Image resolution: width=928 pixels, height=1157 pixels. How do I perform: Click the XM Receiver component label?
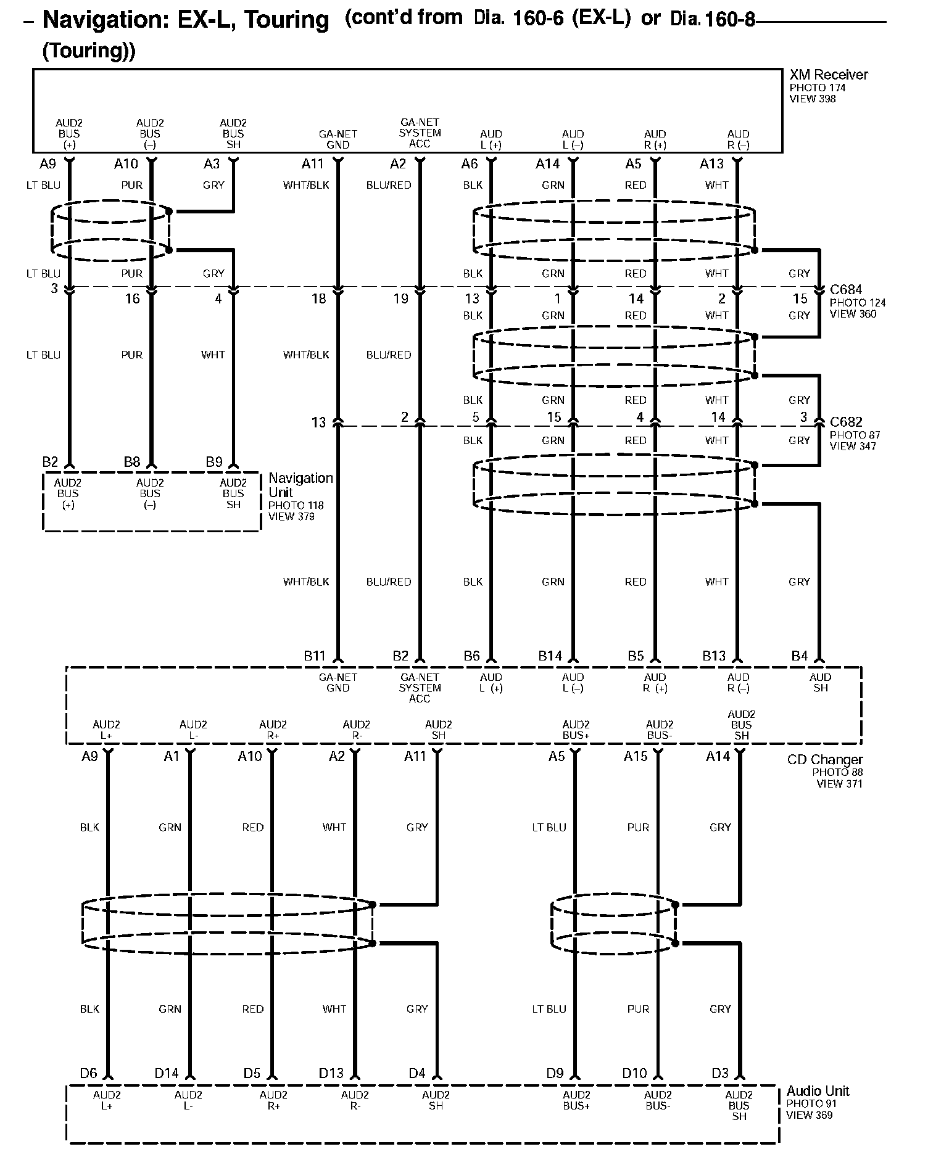(828, 75)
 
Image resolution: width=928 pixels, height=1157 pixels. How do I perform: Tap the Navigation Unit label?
(300, 485)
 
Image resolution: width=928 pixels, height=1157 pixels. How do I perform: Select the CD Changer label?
(825, 759)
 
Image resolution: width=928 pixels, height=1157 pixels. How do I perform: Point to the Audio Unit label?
(818, 1090)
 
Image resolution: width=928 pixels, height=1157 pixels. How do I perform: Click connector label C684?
(846, 289)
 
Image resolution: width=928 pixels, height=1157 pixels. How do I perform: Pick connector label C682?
(846, 422)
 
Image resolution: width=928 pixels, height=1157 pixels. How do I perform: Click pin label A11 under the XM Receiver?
(312, 163)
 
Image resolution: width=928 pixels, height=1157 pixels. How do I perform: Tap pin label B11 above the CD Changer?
(314, 656)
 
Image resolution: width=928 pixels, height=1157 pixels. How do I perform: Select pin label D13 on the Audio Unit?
(331, 1073)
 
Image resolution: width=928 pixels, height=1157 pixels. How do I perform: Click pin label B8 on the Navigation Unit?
(132, 462)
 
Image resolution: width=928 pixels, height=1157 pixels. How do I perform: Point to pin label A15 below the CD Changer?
(636, 756)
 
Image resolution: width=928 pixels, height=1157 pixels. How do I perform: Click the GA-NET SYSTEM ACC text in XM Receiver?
(420, 133)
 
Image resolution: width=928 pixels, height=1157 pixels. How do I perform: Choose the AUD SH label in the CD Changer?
(820, 682)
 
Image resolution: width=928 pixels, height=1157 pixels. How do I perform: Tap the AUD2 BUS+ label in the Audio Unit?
(576, 1100)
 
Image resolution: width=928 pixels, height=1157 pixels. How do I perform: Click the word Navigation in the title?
(107, 20)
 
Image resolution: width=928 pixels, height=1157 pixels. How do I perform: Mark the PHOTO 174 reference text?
(818, 88)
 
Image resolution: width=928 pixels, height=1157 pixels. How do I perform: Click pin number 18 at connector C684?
(318, 299)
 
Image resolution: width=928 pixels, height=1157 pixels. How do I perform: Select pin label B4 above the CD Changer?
(799, 656)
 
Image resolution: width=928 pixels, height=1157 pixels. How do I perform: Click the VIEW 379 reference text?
(291, 516)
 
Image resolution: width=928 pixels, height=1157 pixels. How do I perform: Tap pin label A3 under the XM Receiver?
(212, 163)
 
